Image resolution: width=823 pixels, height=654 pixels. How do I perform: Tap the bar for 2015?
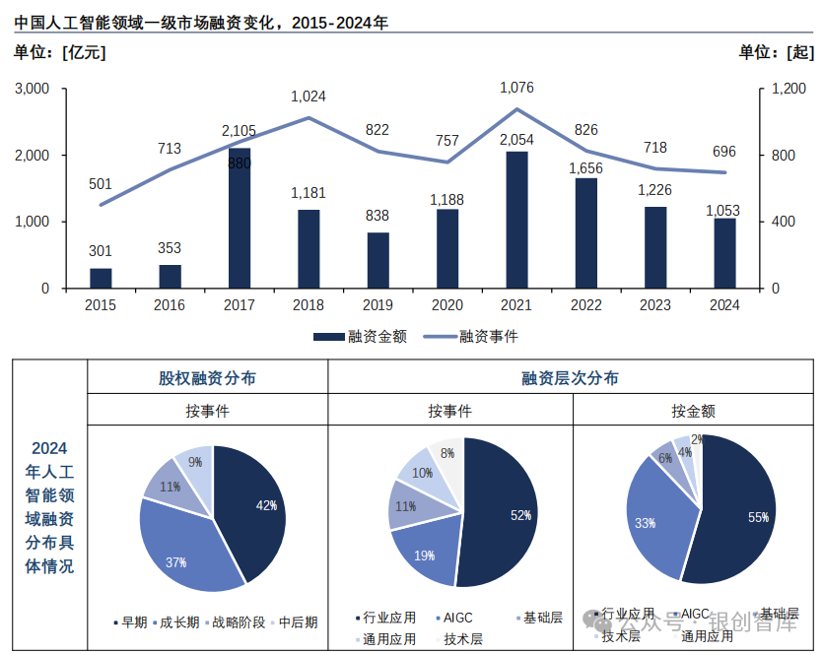(101, 278)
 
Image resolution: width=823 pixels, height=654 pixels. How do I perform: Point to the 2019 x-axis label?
(377, 305)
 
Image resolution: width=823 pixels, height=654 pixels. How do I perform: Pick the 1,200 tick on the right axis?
(789, 89)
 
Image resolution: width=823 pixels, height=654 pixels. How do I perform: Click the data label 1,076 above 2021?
(516, 89)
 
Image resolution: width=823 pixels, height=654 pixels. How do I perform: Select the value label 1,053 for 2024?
(724, 211)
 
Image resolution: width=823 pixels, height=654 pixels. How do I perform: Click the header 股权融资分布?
(207, 378)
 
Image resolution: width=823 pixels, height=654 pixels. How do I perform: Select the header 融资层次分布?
(571, 378)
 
